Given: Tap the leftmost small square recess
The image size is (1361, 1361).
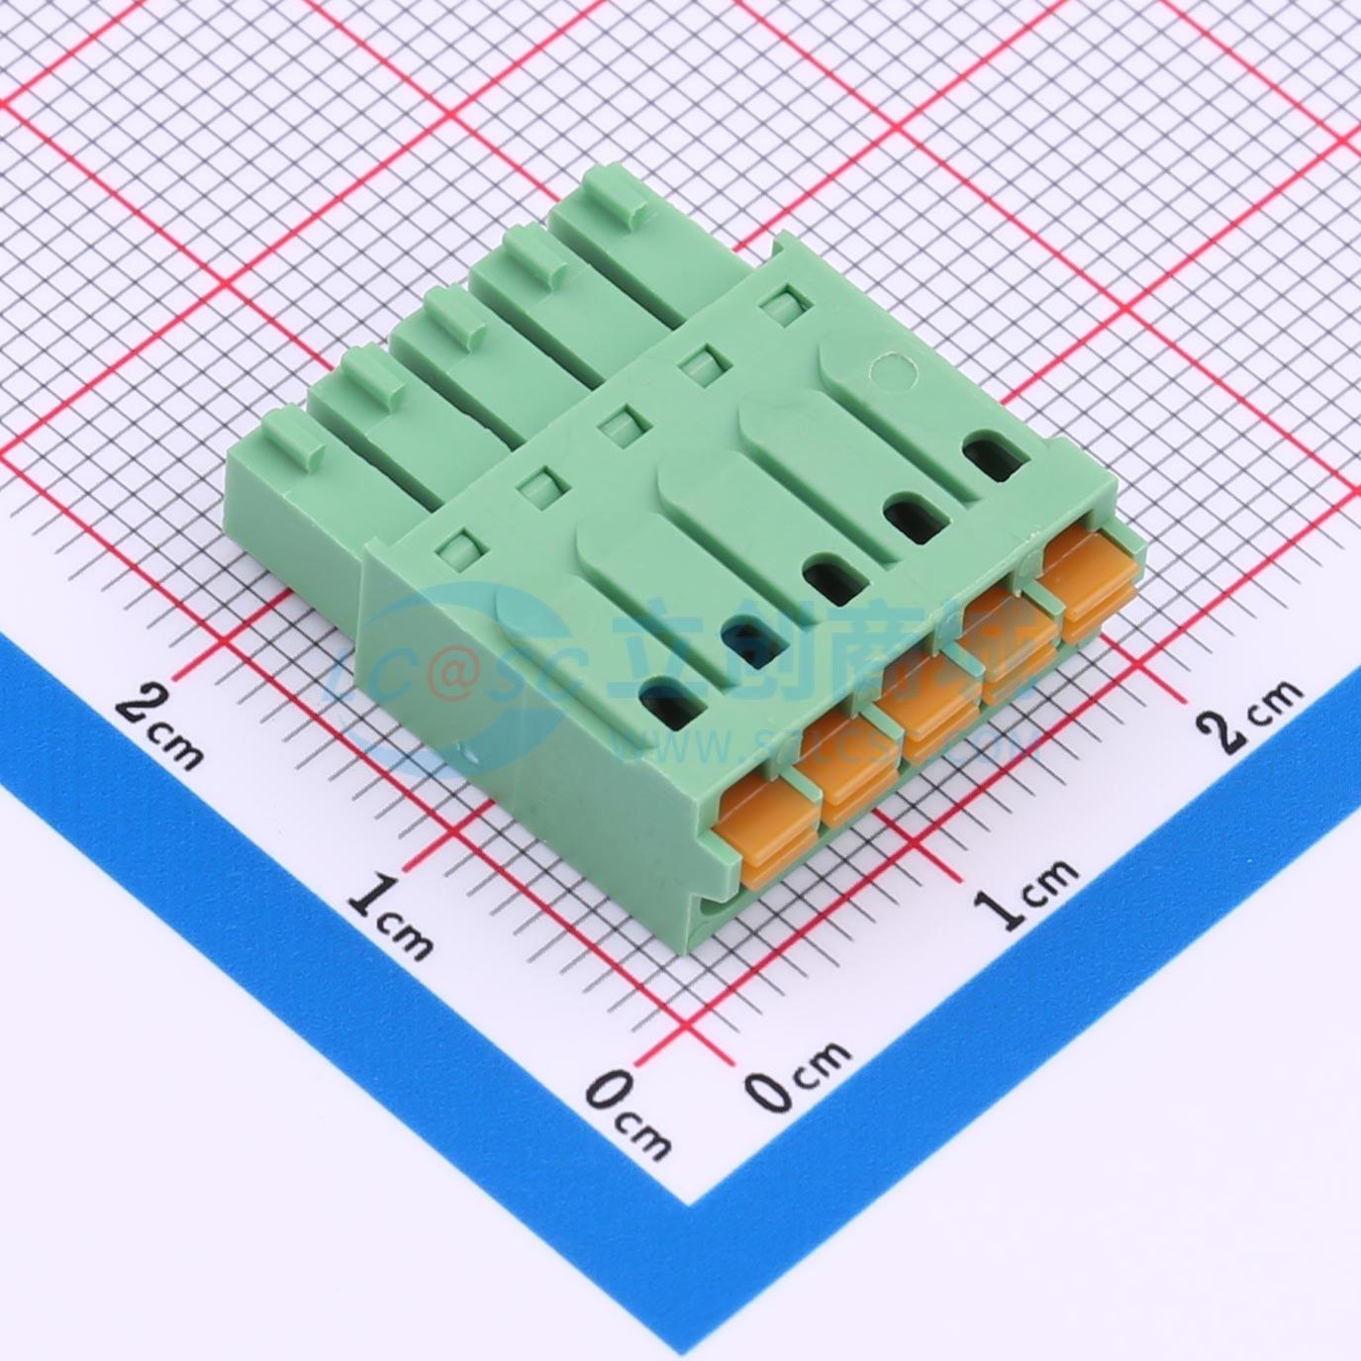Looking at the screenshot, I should pos(457,541).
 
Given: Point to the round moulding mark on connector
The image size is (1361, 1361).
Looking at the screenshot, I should pos(888,371).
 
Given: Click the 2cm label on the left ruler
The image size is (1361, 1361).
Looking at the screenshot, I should pos(160,726).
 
